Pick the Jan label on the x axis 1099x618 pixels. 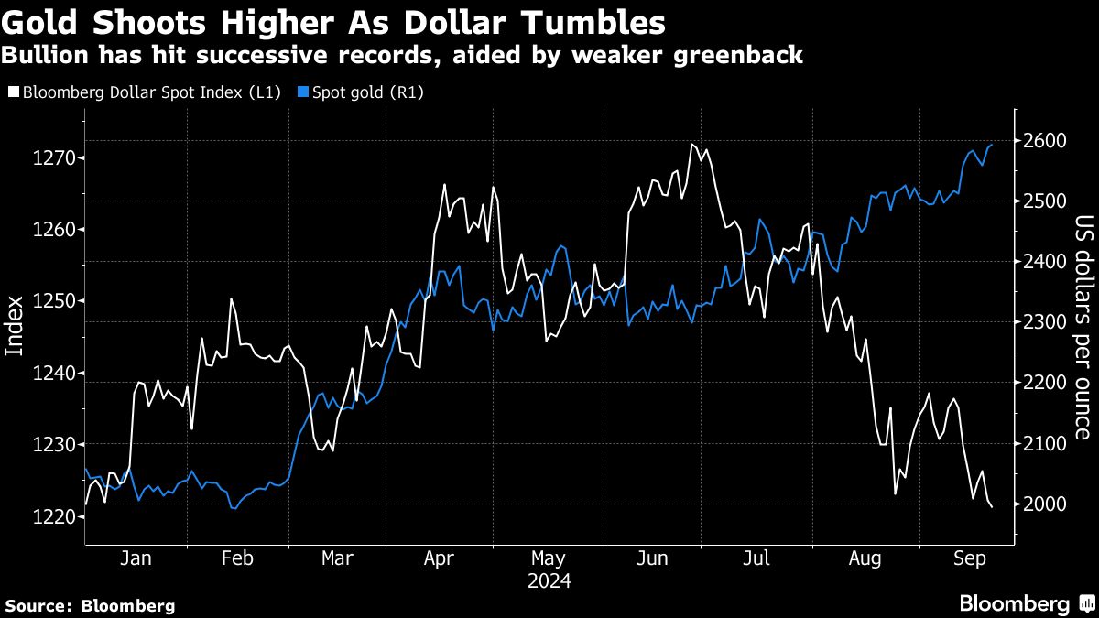pos(136,558)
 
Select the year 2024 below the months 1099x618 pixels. pos(549,581)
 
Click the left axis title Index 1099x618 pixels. pos(15,326)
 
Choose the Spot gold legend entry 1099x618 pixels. pos(366,92)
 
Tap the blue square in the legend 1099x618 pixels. pos(302,92)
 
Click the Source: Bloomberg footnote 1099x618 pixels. pos(90,605)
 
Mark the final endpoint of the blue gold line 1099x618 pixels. pos(992,145)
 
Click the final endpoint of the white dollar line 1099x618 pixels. pos(992,507)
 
